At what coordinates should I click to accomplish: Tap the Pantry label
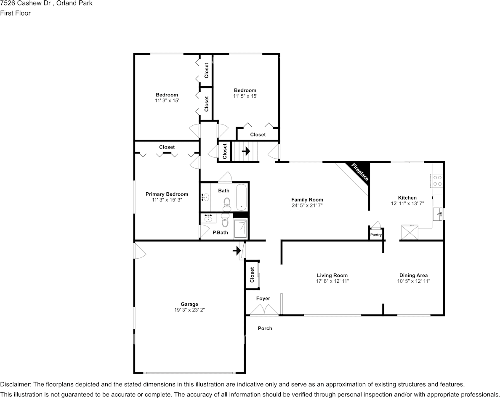coord(375,235)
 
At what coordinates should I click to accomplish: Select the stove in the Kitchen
coord(437,180)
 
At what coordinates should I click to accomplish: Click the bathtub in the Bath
coord(241,197)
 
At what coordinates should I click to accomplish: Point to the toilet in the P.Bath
coord(225,220)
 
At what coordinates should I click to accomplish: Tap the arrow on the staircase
coord(246,151)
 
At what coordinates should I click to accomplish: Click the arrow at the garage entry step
coord(237,251)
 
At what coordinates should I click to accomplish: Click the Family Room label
coord(307,200)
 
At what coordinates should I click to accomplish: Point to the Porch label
coord(265,328)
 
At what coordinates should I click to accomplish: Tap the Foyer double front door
coord(264,310)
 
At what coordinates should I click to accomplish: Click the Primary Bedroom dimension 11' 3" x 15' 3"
coord(167,200)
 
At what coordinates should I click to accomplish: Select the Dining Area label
coord(413,276)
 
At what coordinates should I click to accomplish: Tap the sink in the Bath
coord(206,197)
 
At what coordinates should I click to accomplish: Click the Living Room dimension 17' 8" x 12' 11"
coord(332,281)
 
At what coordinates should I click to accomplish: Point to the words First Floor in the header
coord(15,13)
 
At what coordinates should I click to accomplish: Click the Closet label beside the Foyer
coord(252,275)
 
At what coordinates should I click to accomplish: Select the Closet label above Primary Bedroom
coord(167,147)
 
